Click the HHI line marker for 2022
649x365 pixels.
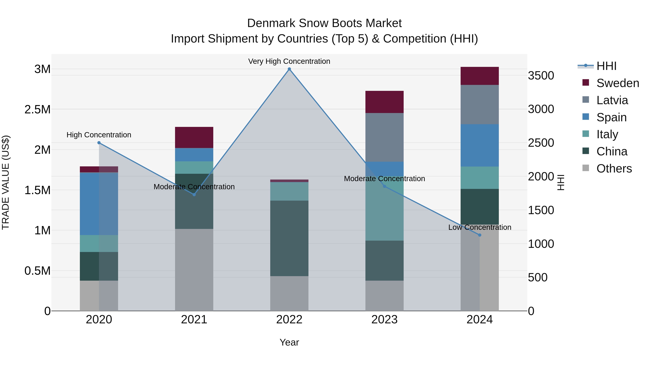click(289, 69)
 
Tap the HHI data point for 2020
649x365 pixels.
click(99, 143)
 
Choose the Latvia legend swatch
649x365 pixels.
click(586, 100)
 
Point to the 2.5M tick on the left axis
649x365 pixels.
click(37, 110)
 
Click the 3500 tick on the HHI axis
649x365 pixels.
click(541, 76)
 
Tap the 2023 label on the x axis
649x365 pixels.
click(385, 320)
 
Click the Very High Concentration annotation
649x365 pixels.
click(289, 61)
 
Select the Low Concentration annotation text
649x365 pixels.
click(480, 227)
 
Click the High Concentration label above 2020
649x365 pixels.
click(99, 135)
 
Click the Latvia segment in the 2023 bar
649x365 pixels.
click(385, 137)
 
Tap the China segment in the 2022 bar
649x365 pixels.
click(289, 238)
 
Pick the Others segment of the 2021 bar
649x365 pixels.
click(194, 269)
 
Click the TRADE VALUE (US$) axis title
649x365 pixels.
click(6, 182)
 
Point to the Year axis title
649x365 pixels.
click(289, 342)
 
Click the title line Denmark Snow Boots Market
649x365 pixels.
click(324, 23)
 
